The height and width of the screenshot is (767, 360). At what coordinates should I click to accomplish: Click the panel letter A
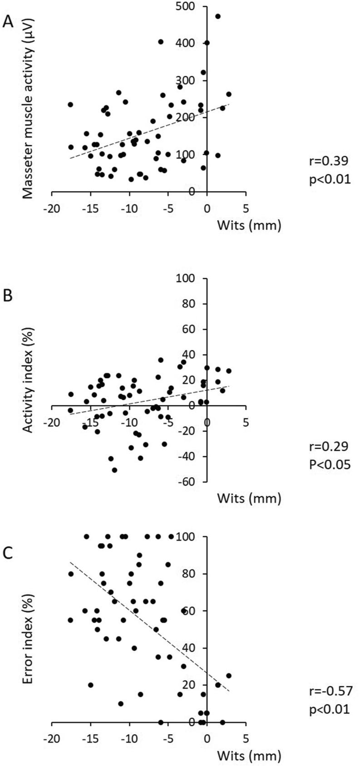coord(8,21)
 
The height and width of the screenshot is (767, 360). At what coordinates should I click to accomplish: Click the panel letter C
coord(8,554)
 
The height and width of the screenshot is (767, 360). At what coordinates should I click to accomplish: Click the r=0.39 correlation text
coord(329,161)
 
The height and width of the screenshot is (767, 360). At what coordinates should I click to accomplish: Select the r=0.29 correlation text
coord(329,447)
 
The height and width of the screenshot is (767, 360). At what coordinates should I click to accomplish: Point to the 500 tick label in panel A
coord(186,7)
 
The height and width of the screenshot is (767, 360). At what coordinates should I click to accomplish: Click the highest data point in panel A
coord(218,16)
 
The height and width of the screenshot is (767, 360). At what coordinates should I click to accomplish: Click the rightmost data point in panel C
coord(228,675)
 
